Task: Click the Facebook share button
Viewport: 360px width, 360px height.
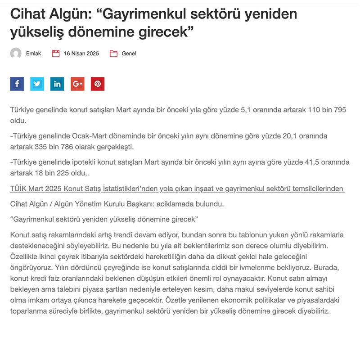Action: (x=17, y=84)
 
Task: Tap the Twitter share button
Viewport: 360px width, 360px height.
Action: (x=37, y=84)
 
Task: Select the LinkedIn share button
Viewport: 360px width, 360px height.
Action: (x=57, y=84)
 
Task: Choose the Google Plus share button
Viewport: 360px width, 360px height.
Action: (x=77, y=84)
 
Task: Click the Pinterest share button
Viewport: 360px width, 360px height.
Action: (x=98, y=84)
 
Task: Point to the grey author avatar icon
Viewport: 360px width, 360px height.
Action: (x=16, y=54)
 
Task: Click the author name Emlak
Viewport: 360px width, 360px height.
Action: (x=33, y=54)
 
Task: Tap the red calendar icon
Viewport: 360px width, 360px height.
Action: (x=56, y=54)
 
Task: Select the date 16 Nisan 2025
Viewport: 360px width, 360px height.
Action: (x=81, y=54)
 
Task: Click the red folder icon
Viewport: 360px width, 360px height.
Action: (x=113, y=54)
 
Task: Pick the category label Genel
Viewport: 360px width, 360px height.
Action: (x=129, y=54)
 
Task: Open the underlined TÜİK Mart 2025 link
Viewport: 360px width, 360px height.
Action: (x=177, y=189)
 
